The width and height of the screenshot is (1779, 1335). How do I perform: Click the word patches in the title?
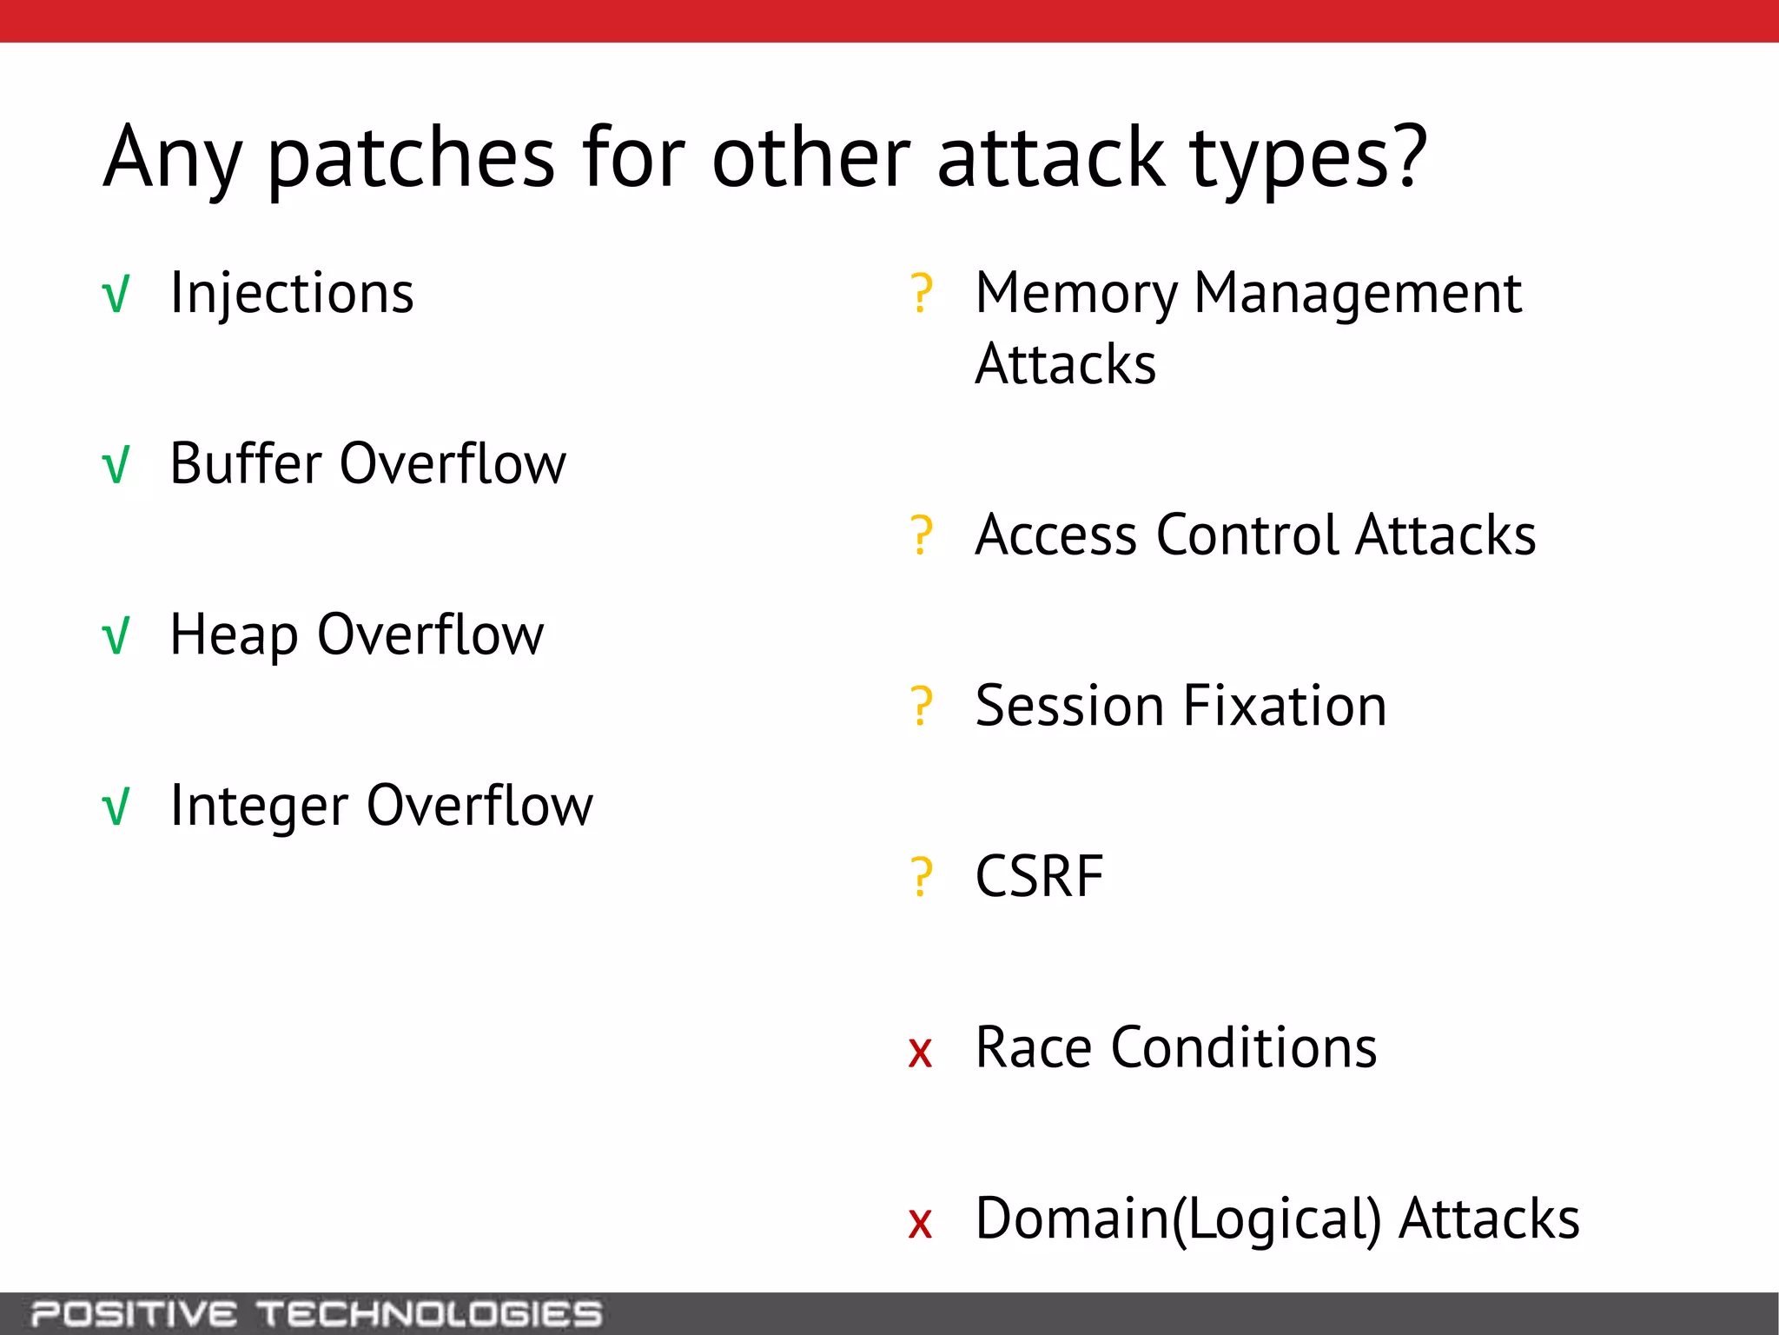point(410,158)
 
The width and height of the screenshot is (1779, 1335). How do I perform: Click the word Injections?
point(292,293)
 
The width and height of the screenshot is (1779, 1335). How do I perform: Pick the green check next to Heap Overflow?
point(116,636)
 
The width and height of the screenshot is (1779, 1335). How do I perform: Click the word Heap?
point(235,636)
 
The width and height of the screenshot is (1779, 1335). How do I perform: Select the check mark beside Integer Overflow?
point(116,807)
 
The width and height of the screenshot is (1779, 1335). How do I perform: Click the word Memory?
point(1075,294)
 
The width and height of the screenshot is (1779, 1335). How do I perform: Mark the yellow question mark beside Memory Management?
point(921,294)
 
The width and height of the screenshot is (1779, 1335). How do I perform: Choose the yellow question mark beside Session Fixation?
point(921,706)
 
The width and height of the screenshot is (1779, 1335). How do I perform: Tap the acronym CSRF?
point(1039,876)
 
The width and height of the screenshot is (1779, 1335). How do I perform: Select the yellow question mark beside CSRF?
point(921,877)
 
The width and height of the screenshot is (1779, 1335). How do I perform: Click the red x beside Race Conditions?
point(920,1052)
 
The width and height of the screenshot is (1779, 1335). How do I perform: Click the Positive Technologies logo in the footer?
point(317,1313)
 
